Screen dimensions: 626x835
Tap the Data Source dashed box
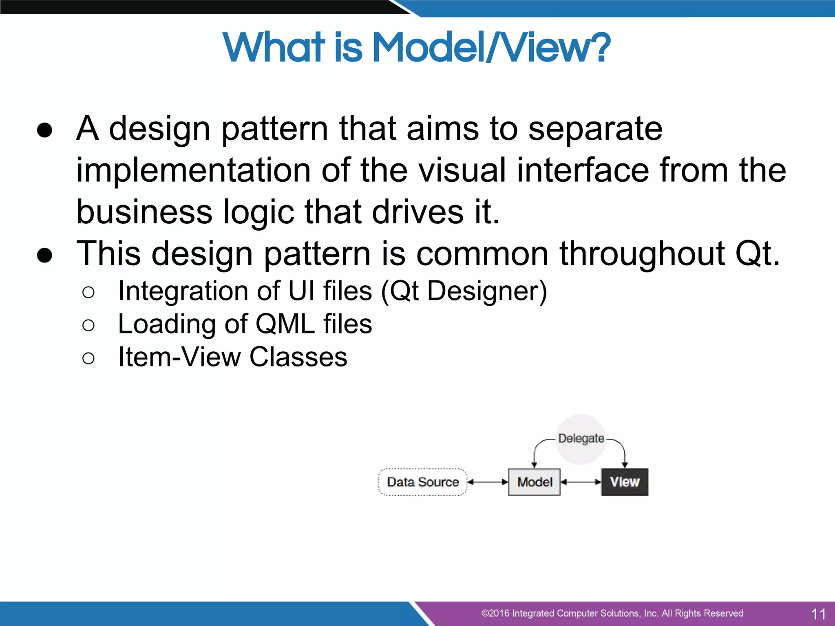coord(422,482)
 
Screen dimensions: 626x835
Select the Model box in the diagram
coord(534,482)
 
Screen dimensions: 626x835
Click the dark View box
coord(624,482)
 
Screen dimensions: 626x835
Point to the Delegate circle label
coord(581,439)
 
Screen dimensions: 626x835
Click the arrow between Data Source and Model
coord(488,482)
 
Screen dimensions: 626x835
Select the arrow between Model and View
coord(581,482)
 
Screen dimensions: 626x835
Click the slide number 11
coord(818,614)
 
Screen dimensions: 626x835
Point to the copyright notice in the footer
coord(612,613)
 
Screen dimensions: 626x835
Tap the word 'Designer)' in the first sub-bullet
coord(487,291)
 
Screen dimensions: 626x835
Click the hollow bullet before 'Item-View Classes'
coord(88,358)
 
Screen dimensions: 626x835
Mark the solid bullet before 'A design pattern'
coord(44,130)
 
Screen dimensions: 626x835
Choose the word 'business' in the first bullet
coord(144,212)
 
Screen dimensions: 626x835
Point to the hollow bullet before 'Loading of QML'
coord(88,325)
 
